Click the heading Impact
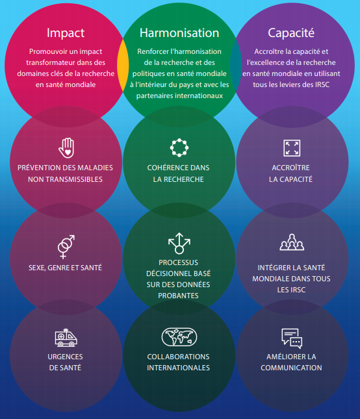(x=66, y=33)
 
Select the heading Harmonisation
(x=179, y=33)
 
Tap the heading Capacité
(x=291, y=33)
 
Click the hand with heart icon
(x=66, y=147)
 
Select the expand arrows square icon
(x=292, y=148)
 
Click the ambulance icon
(x=66, y=338)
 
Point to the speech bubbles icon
(x=292, y=338)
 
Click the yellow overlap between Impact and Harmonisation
(x=123, y=66)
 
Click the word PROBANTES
(x=178, y=296)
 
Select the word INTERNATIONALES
(x=178, y=368)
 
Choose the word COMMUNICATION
(x=291, y=368)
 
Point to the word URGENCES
(x=65, y=357)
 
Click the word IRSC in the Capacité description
(x=322, y=84)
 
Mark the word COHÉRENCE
(x=164, y=168)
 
